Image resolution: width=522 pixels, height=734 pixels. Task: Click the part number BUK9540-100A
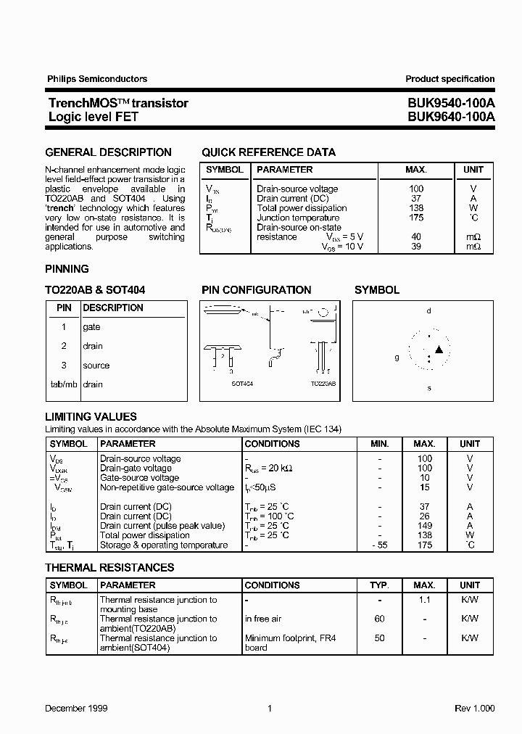click(450, 103)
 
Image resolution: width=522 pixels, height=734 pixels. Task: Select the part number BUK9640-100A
click(450, 116)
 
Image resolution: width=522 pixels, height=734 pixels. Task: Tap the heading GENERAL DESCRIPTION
click(108, 152)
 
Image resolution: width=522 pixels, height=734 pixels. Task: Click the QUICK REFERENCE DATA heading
click(268, 152)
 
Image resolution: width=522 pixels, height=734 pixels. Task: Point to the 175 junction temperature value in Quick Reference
click(415, 218)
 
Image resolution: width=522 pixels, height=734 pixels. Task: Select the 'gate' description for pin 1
click(91, 327)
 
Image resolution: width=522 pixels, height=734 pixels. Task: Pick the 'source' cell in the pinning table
click(96, 366)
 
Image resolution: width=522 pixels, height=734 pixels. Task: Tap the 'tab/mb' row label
click(64, 384)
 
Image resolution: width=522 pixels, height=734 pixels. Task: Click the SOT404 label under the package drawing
click(242, 383)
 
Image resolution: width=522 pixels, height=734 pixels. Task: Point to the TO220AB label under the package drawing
click(323, 383)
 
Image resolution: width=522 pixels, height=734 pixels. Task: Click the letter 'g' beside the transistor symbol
click(397, 357)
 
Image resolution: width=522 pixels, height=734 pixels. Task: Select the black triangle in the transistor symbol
click(438, 350)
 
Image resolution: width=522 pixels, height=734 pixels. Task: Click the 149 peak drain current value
click(425, 526)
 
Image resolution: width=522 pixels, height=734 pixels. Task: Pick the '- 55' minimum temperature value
click(379, 545)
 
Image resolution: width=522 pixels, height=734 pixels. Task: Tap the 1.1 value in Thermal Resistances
click(425, 601)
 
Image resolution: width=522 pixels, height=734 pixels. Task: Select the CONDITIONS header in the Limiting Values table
click(272, 444)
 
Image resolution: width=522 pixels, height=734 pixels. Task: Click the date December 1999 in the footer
click(76, 708)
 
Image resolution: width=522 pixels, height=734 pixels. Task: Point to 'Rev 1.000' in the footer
click(475, 708)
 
